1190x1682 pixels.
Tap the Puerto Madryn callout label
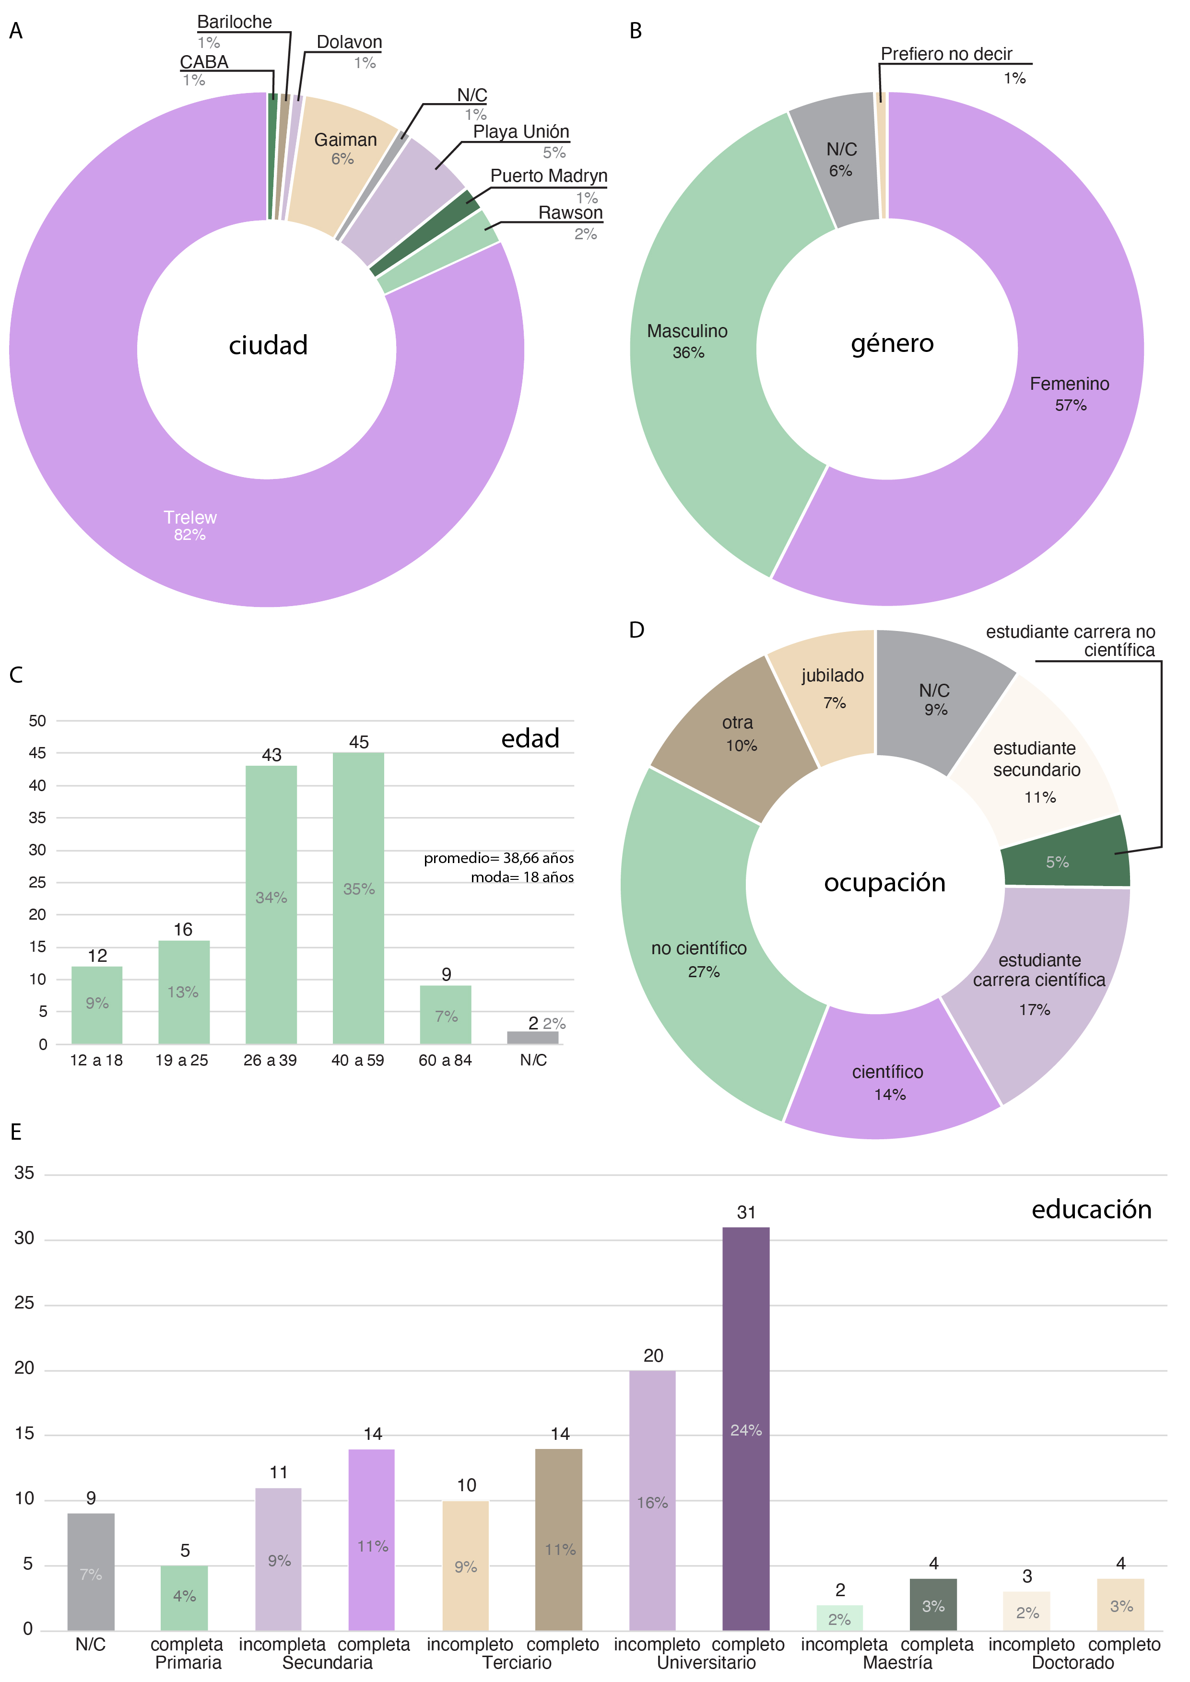click(549, 176)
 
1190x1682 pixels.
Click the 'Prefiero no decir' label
click(946, 54)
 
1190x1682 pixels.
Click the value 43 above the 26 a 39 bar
click(271, 755)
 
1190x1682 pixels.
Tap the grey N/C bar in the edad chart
click(533, 1037)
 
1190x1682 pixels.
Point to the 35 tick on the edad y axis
click(37, 818)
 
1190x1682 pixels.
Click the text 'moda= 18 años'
click(522, 877)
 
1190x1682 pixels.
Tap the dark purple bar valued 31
click(746, 1428)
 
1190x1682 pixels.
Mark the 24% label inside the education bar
click(746, 1430)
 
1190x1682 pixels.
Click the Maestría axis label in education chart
click(897, 1663)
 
